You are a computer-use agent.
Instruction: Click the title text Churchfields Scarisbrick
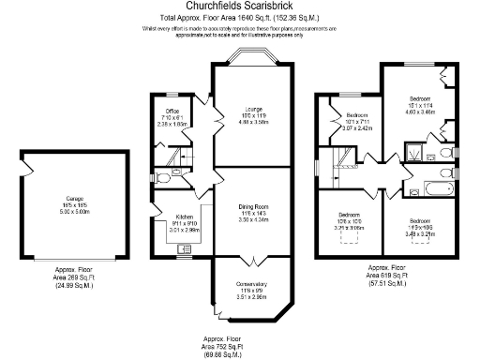click(x=239, y=7)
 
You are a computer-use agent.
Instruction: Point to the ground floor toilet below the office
click(x=163, y=176)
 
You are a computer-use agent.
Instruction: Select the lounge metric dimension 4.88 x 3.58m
click(x=248, y=122)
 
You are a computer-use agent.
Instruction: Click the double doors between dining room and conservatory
click(x=248, y=257)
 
